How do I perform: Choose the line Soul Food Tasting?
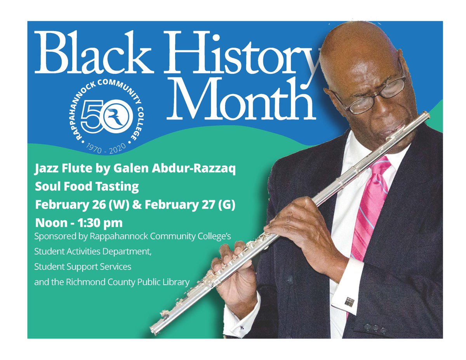click(x=87, y=187)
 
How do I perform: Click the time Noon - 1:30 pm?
click(x=78, y=223)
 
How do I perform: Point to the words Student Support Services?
click(x=83, y=267)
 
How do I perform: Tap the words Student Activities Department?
click(x=92, y=252)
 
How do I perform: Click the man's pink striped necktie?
click(x=369, y=206)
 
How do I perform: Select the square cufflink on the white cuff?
click(x=349, y=301)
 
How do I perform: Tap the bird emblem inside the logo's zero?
click(x=116, y=115)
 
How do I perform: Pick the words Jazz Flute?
click(x=59, y=170)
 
